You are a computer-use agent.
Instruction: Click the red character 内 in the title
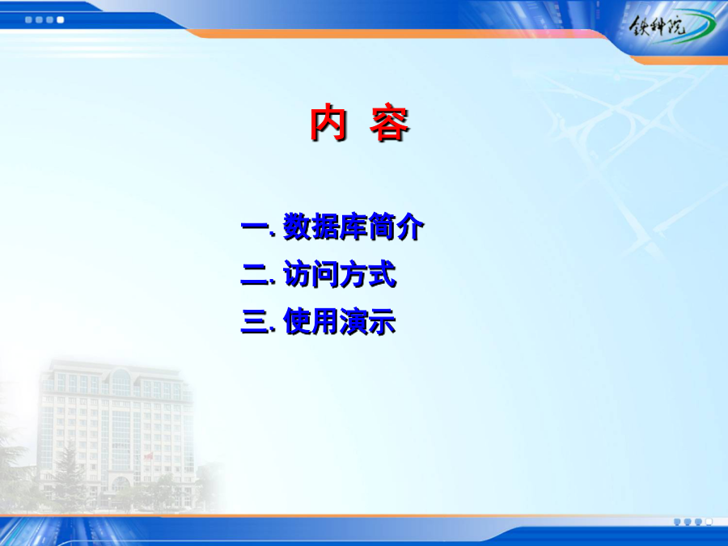point(328,123)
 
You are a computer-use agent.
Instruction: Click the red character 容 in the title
point(389,124)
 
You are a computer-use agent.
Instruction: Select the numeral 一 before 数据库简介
point(256,227)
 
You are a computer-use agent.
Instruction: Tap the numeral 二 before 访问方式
point(256,275)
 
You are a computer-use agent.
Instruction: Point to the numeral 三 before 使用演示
point(256,322)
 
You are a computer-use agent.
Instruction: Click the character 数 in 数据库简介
point(297,226)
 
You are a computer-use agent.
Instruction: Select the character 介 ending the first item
point(409,226)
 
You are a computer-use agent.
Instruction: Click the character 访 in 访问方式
point(297,274)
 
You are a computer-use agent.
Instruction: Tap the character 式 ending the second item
point(382,274)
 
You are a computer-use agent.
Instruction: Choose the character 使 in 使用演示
point(297,321)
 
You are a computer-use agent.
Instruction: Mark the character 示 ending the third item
point(382,321)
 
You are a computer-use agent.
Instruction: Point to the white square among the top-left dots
point(61,20)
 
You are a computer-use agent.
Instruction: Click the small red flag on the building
point(149,457)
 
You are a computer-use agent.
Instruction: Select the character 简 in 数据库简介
point(382,226)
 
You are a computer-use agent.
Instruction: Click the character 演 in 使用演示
point(353,321)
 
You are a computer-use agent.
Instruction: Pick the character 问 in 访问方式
point(325,274)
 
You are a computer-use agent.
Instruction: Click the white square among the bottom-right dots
point(709,523)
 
